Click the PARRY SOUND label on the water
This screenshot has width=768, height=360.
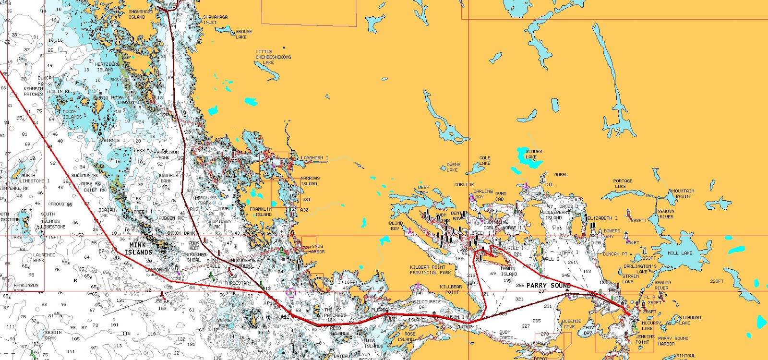pyautogui.click(x=549, y=285)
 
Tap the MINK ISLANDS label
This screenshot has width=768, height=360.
pyautogui.click(x=138, y=249)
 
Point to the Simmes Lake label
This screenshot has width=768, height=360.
pyautogui.click(x=533, y=154)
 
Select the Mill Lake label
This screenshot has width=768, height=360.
pyautogui.click(x=680, y=253)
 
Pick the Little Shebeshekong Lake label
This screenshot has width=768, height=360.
pyautogui.click(x=273, y=57)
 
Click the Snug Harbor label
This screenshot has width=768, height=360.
pyautogui.click(x=316, y=249)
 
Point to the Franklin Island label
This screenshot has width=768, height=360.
pyautogui.click(x=261, y=212)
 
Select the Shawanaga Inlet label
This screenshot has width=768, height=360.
pyautogui.click(x=215, y=19)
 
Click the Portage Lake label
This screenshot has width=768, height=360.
pyautogui.click(x=623, y=183)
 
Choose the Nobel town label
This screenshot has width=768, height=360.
pyautogui.click(x=561, y=175)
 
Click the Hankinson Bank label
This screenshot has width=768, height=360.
pyautogui.click(x=26, y=288)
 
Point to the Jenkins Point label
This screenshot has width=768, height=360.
pyautogui.click(x=645, y=339)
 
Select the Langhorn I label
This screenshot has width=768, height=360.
pyautogui.click(x=314, y=158)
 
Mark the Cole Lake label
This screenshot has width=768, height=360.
pyautogui.click(x=484, y=160)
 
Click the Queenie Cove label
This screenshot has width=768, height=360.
pyautogui.click(x=571, y=324)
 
